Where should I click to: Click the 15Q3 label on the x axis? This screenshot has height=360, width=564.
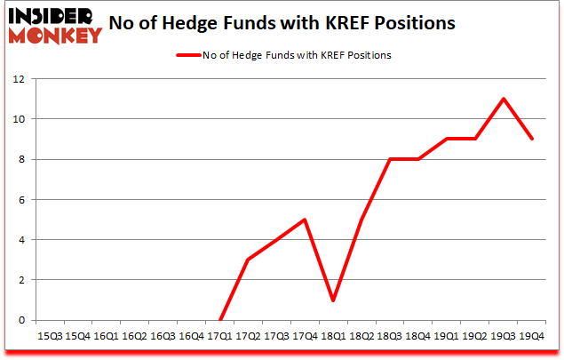pos(50,336)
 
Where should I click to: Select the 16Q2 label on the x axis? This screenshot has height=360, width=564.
pos(135,336)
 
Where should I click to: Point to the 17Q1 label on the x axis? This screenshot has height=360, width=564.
pos(220,336)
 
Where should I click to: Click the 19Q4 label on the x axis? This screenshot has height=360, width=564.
pos(532,336)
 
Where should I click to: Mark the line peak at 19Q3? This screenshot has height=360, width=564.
pos(504,99)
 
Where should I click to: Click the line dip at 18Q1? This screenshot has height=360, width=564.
pos(334,300)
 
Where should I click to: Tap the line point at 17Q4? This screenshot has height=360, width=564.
pos(306,220)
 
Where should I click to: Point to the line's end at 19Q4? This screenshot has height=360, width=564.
pos(532,139)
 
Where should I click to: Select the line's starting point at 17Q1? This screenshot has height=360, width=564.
pos(220,320)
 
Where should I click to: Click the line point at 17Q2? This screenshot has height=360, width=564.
pos(249,260)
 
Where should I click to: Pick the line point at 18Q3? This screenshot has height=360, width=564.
pos(391,159)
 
